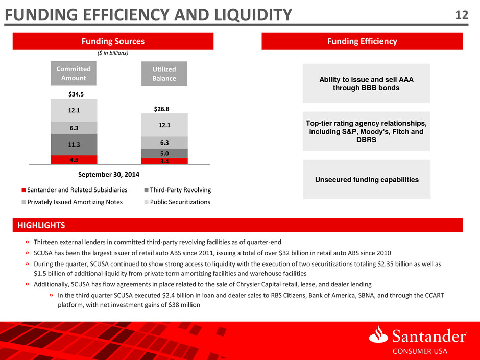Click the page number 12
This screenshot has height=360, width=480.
[x=462, y=15]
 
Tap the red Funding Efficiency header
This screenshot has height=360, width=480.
[x=362, y=41]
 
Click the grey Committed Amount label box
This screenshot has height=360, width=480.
[x=74, y=74]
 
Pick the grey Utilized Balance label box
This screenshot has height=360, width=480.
[x=164, y=74]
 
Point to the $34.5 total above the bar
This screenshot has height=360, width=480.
[x=74, y=94]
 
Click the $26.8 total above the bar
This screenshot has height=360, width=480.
[x=164, y=109]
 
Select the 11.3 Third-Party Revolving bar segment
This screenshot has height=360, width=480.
[x=74, y=144]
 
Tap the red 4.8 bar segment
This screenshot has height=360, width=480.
[x=74, y=159]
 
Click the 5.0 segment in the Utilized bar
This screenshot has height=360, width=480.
[x=164, y=153]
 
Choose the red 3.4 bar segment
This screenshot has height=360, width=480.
[x=164, y=161]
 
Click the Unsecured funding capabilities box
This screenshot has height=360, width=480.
[x=367, y=179]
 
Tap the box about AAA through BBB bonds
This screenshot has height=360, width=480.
[x=366, y=83]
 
